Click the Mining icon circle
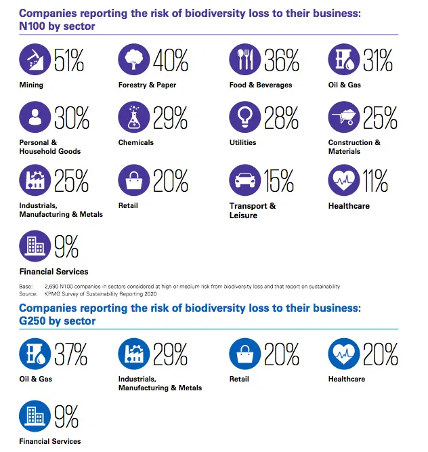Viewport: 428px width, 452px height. pyautogui.click(x=34, y=60)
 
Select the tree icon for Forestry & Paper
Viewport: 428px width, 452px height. pyautogui.click(x=133, y=60)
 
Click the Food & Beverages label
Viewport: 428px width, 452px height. pyautogui.click(x=261, y=85)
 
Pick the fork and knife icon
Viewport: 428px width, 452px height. pyautogui.click(x=244, y=60)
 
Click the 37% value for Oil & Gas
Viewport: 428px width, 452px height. pyautogui.click(x=70, y=354)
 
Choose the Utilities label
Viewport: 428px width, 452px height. pyautogui.click(x=242, y=143)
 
